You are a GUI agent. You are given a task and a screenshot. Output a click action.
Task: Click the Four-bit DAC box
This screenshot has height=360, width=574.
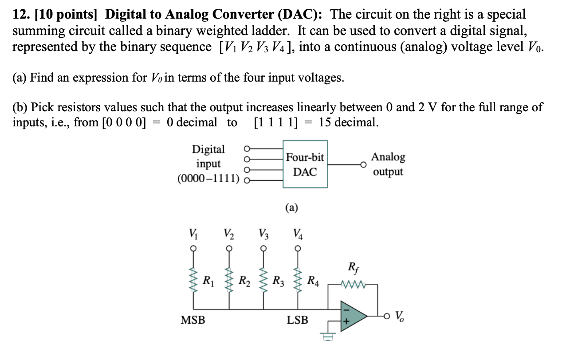coord(305,164)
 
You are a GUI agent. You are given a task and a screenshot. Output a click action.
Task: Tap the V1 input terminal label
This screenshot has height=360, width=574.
coord(193,232)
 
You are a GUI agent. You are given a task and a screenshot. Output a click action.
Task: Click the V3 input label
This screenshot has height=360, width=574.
coord(263,232)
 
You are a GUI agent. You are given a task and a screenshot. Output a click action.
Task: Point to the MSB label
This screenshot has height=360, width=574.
coord(193,320)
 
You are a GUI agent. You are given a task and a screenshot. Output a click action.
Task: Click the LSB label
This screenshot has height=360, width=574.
coord(297,320)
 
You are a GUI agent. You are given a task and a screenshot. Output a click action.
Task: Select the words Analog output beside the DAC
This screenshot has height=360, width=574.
coord(388,164)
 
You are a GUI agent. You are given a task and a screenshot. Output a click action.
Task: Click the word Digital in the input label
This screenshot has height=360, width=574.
coord(208,149)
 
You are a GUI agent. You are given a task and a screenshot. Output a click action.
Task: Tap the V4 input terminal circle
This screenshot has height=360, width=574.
coord(298,248)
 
